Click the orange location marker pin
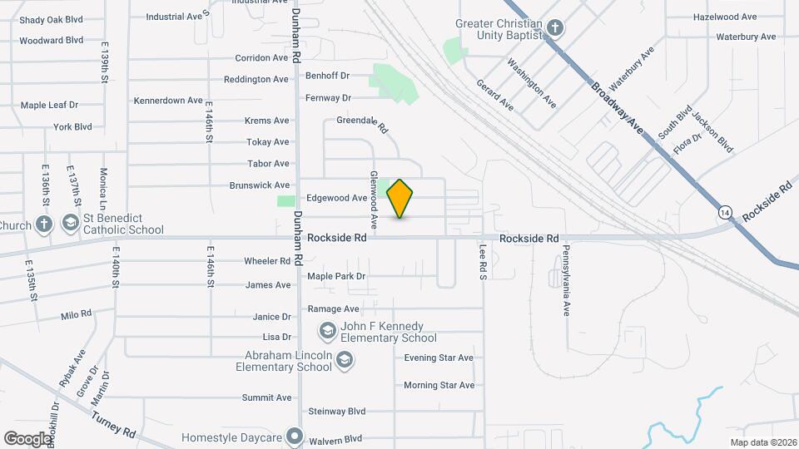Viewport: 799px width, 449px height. click(x=400, y=198)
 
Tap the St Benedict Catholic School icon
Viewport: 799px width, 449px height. click(x=72, y=224)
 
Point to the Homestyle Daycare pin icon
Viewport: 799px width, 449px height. click(x=294, y=436)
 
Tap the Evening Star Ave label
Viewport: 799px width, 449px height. click(x=439, y=358)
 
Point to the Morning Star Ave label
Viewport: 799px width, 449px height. click(x=439, y=386)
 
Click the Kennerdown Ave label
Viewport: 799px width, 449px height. click(x=169, y=101)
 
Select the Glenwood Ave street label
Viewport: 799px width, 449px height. click(x=374, y=200)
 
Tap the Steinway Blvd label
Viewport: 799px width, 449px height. click(x=337, y=412)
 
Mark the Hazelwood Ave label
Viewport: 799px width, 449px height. click(x=725, y=17)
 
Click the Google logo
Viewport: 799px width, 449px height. click(x=27, y=438)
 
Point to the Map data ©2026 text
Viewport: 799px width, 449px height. click(x=762, y=442)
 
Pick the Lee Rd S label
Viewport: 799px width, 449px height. click(x=483, y=260)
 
